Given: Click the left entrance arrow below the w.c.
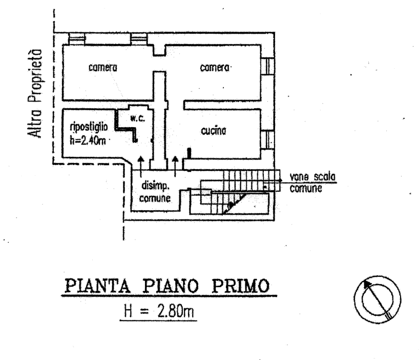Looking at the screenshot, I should pos(142,164).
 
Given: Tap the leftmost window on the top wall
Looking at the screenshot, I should pos(77,37).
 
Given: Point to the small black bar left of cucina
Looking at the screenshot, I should pos(189,153).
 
